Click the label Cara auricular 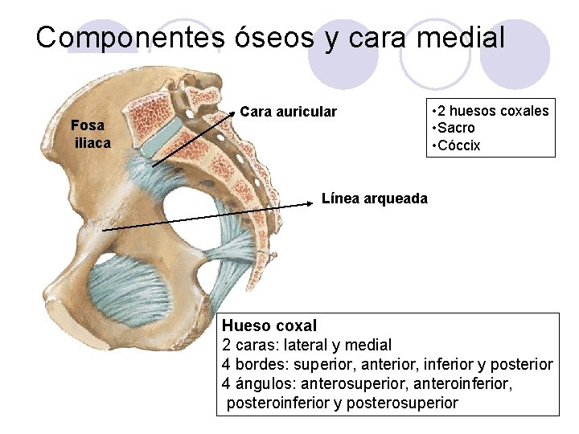point(288,112)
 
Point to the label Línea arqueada point(374,198)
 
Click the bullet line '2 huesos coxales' point(490,110)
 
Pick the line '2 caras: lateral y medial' point(306,345)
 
